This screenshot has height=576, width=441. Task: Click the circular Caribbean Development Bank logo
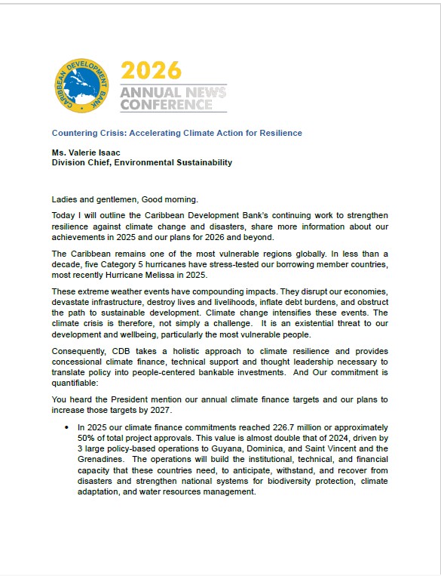pos(82,85)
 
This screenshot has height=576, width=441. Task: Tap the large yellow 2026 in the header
pos(152,70)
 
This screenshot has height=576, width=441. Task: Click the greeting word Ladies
pos(65,199)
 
